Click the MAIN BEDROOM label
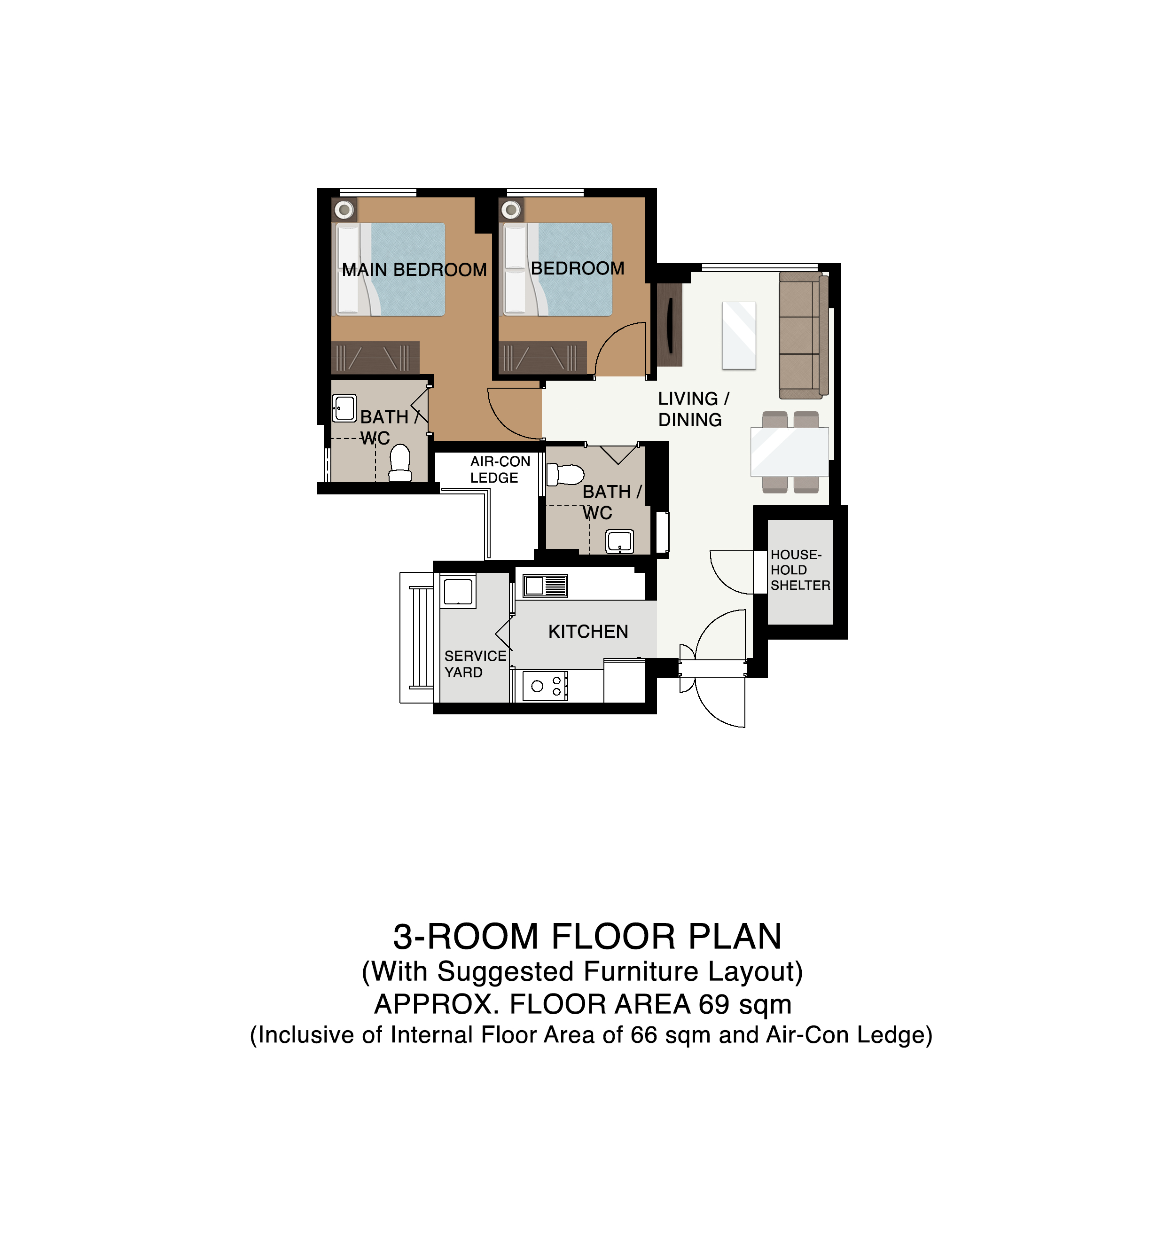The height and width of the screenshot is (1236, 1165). tap(414, 270)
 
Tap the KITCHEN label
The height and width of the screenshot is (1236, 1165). tap(588, 632)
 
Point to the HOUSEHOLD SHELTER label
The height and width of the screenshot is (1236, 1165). tap(800, 570)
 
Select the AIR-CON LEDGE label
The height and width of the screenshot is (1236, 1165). tap(500, 469)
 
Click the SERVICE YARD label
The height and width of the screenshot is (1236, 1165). tap(475, 664)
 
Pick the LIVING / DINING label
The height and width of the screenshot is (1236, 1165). tap(693, 409)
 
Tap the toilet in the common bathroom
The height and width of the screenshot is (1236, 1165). tap(564, 474)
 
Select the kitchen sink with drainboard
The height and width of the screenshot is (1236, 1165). tap(545, 586)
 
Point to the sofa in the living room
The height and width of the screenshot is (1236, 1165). tap(804, 335)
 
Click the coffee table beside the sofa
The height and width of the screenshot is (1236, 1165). tap(739, 336)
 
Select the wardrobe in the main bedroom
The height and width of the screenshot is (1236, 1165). tap(375, 358)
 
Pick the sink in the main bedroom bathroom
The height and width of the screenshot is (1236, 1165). tap(344, 408)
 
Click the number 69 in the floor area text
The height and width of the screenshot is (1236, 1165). tap(714, 1005)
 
